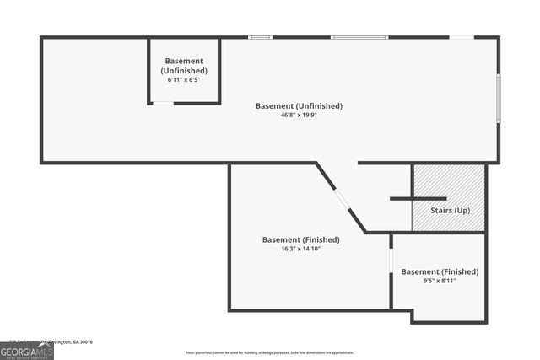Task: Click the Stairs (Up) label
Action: [450, 210]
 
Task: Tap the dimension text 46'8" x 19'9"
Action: [299, 116]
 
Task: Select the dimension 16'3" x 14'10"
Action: [300, 249]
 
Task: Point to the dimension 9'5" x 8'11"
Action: [440, 281]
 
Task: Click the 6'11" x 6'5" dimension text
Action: [184, 80]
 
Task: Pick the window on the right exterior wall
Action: [499, 99]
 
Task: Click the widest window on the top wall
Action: [359, 37]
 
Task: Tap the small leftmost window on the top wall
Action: [260, 37]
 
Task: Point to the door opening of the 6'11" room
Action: [163, 104]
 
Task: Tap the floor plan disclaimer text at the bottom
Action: [270, 352]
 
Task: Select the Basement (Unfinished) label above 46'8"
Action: [299, 106]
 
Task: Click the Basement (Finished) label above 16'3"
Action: [300, 239]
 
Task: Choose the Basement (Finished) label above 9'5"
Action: [440, 271]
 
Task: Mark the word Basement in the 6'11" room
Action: [184, 62]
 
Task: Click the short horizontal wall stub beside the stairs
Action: [406, 199]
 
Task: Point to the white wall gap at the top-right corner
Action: [461, 37]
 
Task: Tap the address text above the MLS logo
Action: [46, 341]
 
